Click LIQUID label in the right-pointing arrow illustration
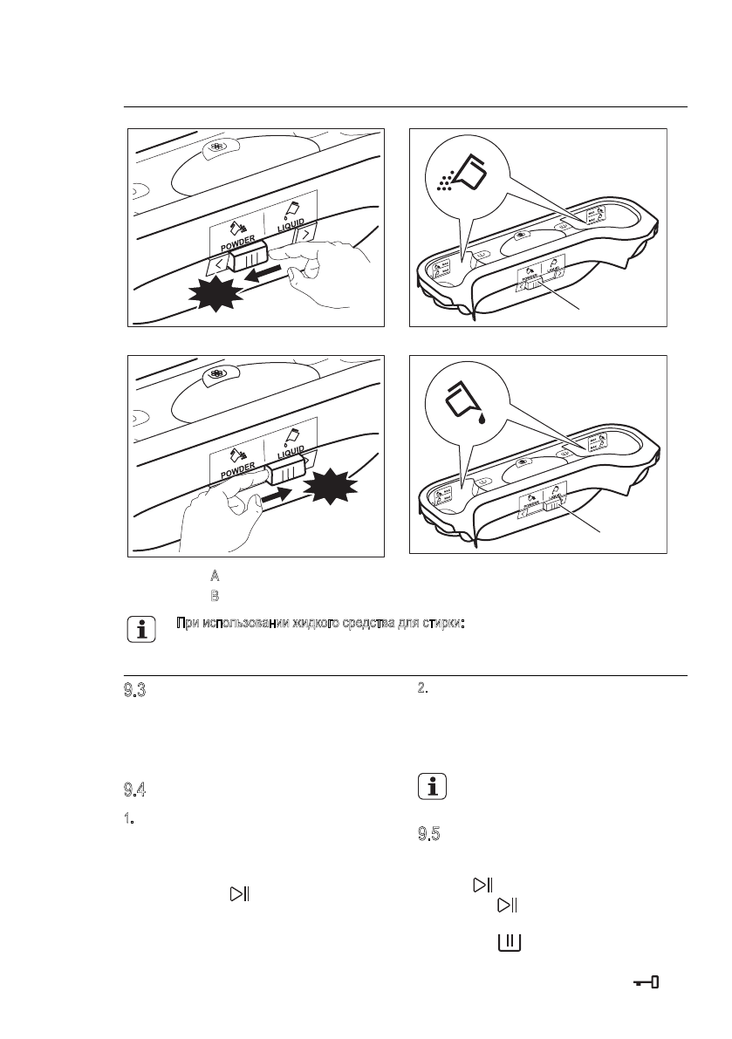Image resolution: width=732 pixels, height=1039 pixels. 292,455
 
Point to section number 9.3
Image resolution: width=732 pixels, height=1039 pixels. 133,691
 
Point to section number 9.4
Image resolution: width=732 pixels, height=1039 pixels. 133,790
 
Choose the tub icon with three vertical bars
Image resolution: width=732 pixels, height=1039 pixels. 510,942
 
